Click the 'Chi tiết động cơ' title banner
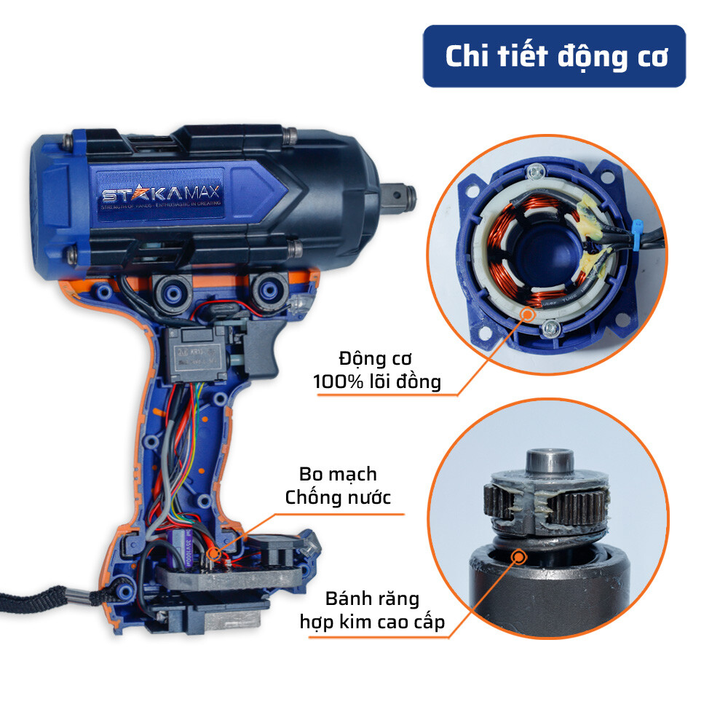tap(555, 57)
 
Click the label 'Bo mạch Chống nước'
tap(341, 486)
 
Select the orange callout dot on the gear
tap(519, 558)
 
